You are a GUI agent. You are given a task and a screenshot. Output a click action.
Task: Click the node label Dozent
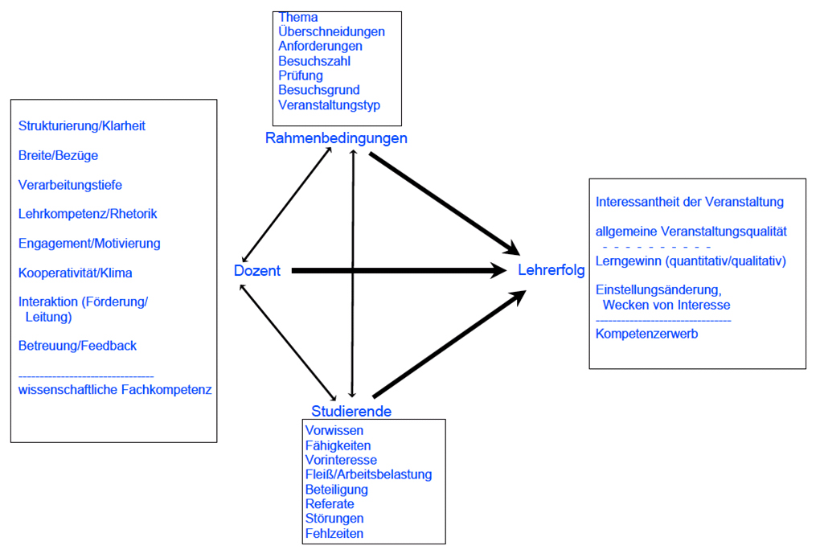pos(257,271)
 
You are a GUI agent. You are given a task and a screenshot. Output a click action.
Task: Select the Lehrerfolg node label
pos(551,271)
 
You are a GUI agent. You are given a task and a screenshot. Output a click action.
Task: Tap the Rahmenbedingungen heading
pos(336,138)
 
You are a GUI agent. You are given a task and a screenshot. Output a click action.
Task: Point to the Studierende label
pos(351,411)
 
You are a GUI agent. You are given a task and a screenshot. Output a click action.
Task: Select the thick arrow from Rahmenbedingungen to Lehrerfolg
pos(442,201)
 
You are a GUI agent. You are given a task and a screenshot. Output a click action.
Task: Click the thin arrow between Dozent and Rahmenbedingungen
pos(287,204)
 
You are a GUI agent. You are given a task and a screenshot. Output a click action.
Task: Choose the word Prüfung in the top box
pos(301,76)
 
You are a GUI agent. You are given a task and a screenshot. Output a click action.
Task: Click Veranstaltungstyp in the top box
pos(330,105)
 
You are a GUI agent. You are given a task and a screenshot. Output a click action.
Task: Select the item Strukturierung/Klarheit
pos(82,126)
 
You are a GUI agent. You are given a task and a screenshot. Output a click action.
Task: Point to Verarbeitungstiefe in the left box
pos(70,185)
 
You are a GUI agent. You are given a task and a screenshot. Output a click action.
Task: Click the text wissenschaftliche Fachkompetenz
pos(115,389)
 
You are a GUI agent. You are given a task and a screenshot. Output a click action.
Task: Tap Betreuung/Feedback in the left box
pos(77,346)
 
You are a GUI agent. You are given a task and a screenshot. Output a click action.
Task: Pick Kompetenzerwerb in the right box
pos(647,334)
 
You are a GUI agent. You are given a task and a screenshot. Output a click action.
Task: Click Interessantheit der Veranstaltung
pos(690,202)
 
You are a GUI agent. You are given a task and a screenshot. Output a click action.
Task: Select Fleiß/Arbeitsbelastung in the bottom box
pos(368,474)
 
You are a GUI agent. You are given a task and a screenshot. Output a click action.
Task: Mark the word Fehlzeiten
pos(334,533)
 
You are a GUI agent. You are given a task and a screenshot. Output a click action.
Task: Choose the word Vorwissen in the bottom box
pos(334,430)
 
